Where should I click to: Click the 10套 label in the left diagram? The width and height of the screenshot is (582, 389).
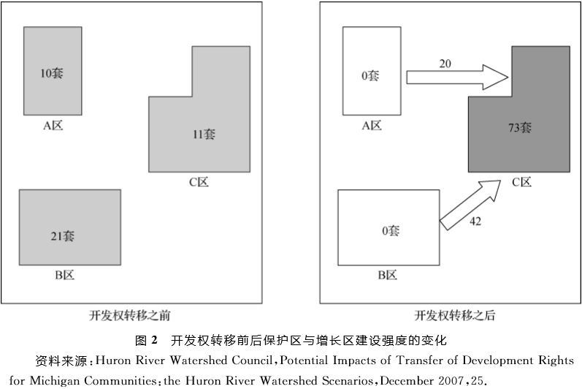coord(52,73)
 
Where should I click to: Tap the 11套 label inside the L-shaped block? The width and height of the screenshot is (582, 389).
coord(204,134)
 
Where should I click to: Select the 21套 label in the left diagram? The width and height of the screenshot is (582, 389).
coord(64,235)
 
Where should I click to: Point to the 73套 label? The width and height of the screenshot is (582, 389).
coord(519,126)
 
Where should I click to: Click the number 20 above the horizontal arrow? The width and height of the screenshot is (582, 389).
coord(445,64)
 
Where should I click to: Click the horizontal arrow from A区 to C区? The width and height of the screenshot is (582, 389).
coord(456,77)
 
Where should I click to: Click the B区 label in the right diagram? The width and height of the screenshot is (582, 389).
coord(387,275)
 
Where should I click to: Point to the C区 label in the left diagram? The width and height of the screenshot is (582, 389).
coord(199,182)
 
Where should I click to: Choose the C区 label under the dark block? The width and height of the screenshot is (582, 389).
coord(521,182)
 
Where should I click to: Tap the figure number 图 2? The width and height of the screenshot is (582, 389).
coord(146,340)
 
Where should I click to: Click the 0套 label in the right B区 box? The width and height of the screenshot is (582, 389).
coord(390,231)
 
